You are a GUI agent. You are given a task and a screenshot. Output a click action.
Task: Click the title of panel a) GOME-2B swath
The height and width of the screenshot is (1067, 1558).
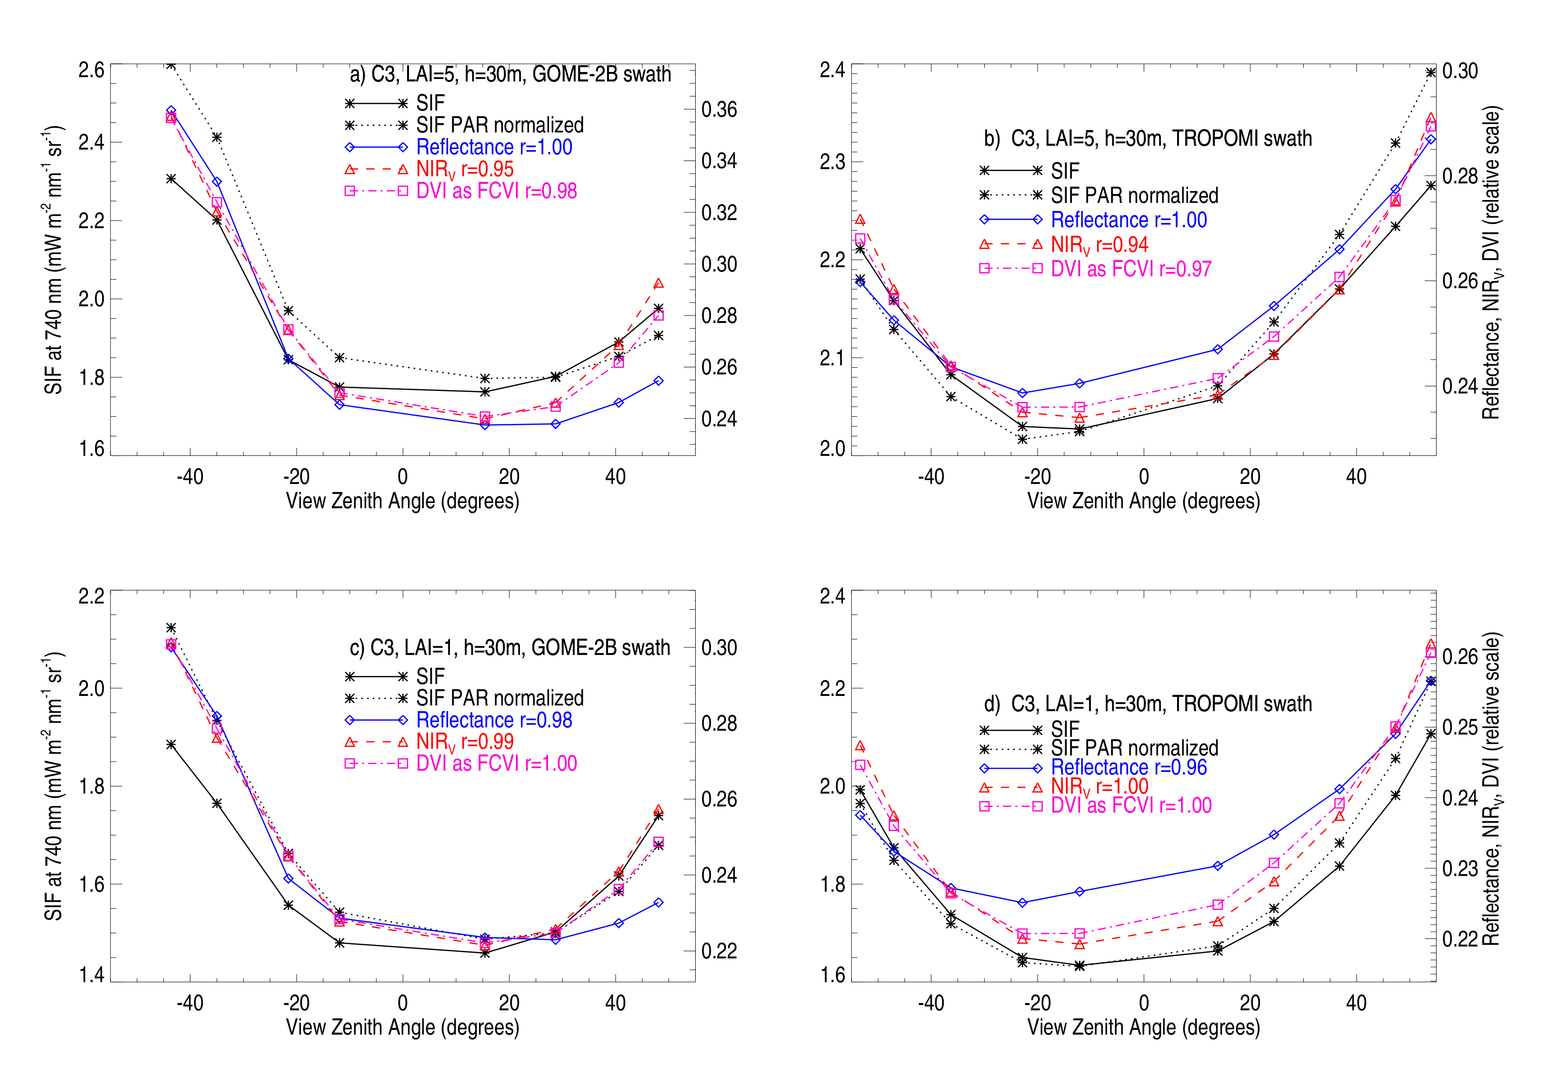(510, 74)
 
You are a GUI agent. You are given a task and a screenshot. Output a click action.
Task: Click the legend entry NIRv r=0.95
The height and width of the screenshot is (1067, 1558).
(465, 169)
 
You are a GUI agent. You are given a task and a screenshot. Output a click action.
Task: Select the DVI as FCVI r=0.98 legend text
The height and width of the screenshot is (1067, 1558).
(496, 191)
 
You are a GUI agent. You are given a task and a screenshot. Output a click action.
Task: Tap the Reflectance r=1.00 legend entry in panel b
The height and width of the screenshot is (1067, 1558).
(1129, 220)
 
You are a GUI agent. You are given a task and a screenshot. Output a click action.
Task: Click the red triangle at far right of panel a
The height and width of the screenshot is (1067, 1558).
(659, 284)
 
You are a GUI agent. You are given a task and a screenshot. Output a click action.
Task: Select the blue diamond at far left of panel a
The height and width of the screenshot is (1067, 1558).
(171, 111)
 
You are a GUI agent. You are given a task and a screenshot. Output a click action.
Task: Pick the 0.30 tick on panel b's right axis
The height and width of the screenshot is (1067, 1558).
(1460, 71)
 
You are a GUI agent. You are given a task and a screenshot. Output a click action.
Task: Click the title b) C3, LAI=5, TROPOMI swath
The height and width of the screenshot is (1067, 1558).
(1147, 139)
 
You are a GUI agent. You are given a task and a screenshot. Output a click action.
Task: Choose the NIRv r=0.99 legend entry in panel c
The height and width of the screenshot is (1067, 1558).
(465, 742)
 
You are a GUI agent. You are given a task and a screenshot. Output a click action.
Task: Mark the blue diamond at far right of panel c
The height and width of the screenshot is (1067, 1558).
(659, 903)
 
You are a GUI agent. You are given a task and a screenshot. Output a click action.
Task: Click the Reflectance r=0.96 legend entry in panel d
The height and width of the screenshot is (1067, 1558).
(1129, 767)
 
